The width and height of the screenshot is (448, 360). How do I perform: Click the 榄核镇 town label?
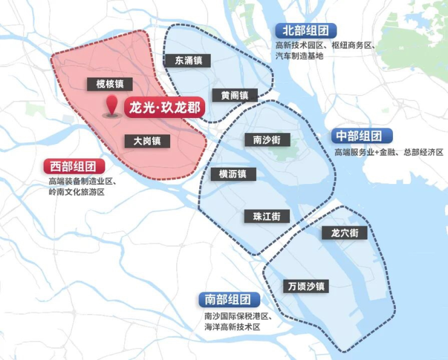110,84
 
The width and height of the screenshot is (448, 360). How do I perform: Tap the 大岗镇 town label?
147,141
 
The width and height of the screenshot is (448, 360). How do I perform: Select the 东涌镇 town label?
188,61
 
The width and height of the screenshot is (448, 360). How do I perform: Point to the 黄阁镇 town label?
234,96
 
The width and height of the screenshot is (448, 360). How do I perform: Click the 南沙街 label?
266,140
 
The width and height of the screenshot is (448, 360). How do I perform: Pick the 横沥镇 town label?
233,174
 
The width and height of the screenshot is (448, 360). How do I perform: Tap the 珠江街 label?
267,216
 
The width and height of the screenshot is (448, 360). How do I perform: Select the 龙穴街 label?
344,232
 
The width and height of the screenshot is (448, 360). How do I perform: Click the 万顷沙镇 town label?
306,286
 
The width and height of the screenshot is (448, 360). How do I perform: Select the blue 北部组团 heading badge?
306,30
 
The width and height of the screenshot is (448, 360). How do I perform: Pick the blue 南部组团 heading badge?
229,299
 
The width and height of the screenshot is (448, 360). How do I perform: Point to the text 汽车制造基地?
300,56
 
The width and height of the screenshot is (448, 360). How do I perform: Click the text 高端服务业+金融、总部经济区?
389,152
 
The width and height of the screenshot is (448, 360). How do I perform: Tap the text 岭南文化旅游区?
77,192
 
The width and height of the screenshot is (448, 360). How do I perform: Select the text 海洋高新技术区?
232,327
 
